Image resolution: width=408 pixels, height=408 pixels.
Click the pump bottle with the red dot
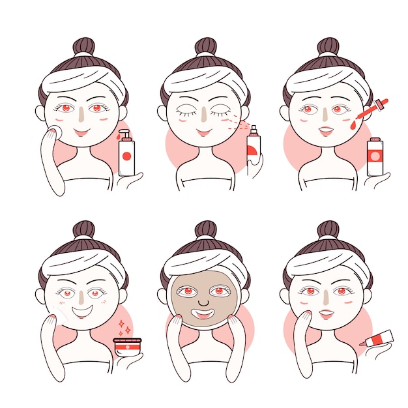tap(126, 155)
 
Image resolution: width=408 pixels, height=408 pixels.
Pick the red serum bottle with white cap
tap(375, 156)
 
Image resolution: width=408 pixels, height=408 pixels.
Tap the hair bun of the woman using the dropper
tap(328, 46)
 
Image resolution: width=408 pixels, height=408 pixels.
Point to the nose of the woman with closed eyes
tap(205, 116)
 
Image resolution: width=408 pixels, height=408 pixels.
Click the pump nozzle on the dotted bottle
tap(124, 134)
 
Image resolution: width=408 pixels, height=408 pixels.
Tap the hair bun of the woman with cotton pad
tap(83, 46)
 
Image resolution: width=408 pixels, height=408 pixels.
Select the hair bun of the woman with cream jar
tap(83, 229)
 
